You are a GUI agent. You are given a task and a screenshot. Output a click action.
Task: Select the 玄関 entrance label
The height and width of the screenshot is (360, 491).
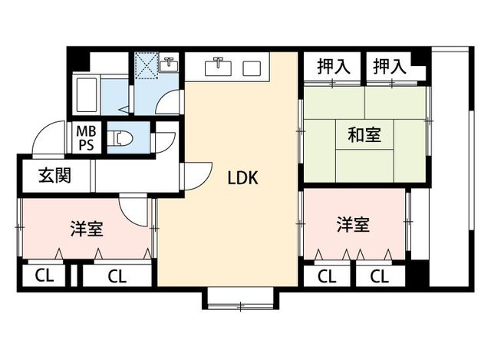pos(54,177)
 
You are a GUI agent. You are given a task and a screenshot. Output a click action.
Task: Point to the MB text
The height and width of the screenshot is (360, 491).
pos(84,132)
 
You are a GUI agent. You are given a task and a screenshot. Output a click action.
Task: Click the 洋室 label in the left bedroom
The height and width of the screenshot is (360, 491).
pos(87,229)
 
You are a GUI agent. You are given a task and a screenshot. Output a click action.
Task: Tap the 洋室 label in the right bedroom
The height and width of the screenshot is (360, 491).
pos(353,225)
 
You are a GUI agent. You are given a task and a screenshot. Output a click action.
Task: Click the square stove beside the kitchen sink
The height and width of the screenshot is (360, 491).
pos(252,68)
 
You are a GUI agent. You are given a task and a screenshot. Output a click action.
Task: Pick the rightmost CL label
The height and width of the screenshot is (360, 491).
pos(377,276)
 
